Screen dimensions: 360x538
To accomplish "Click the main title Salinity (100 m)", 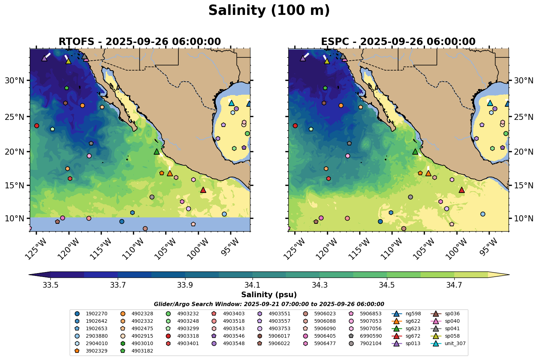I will coord(269,11).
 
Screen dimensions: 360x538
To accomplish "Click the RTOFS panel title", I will coord(139,42).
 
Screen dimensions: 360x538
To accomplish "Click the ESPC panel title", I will coord(398,42).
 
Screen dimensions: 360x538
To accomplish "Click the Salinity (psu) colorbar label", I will coord(269,295).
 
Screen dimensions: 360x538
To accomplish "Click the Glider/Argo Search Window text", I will coord(269,304).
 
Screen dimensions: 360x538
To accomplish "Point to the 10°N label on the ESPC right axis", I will coord(523,218).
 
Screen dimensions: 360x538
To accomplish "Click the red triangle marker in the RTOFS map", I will coord(203,190).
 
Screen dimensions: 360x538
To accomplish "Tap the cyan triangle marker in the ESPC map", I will coord(490,103).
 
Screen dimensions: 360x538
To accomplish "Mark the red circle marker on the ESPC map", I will coord(295,126).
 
